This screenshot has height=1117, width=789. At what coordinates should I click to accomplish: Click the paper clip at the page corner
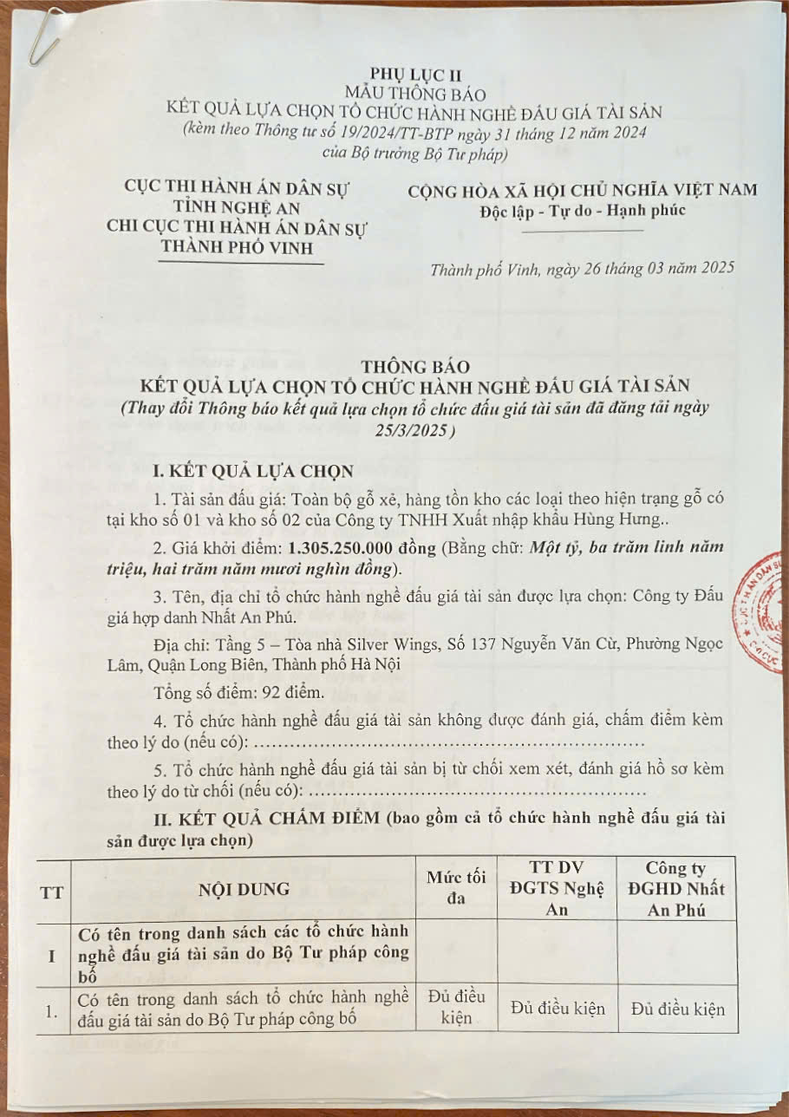point(42,37)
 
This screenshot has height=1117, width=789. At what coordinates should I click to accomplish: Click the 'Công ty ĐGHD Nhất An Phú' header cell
point(676,889)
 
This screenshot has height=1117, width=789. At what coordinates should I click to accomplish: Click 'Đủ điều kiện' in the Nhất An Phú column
point(677,1009)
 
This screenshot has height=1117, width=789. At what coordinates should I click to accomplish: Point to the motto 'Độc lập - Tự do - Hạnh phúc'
point(582,211)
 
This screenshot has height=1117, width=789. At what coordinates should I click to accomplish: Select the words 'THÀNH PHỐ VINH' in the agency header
point(236,246)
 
